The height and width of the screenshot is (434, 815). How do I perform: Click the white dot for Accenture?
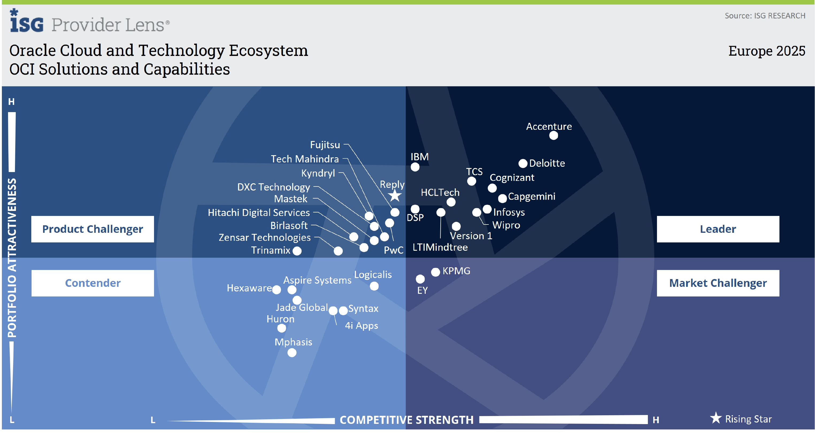[553, 135]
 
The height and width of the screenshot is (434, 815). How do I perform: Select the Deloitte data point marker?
[523, 163]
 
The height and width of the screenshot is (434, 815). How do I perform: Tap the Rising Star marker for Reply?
[394, 196]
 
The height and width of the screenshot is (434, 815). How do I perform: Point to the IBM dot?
[415, 167]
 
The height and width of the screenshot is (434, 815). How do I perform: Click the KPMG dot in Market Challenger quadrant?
[435, 272]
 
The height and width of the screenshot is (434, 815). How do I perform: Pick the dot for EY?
[420, 279]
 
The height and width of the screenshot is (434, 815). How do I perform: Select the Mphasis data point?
[292, 353]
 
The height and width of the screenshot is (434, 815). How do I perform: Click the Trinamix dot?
[297, 251]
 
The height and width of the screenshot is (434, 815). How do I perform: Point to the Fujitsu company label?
[325, 145]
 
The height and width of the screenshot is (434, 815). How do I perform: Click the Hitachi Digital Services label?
[259, 213]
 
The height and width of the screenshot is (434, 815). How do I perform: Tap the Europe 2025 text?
[766, 51]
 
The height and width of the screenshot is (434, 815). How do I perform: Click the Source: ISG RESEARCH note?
[765, 16]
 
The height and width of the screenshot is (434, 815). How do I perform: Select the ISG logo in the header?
[26, 21]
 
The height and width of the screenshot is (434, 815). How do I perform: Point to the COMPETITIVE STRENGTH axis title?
[406, 420]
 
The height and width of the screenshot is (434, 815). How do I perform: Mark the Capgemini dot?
[502, 199]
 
